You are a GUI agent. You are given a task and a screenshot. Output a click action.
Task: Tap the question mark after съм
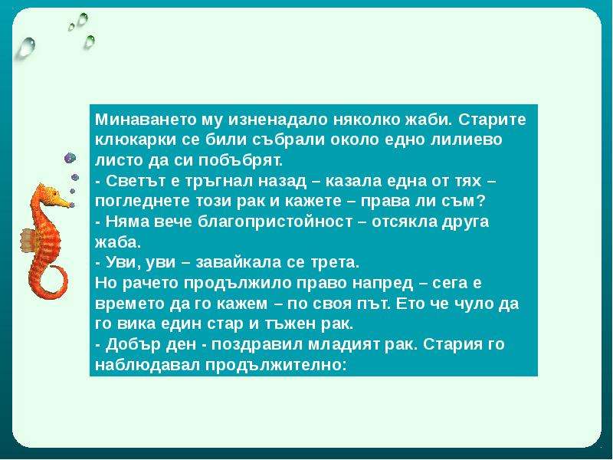(x=480, y=201)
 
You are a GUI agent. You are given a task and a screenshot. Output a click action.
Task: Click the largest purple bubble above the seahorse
(x=70, y=158)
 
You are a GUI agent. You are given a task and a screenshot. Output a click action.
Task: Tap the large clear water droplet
(x=26, y=47)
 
